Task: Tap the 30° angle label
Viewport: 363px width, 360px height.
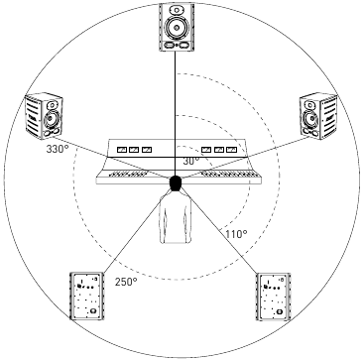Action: pos(190,159)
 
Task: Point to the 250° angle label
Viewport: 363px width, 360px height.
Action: pos(125,282)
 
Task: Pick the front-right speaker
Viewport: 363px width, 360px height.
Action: pos(318,117)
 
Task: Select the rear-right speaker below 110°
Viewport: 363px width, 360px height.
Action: pos(275,298)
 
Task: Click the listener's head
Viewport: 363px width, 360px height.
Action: pos(177,183)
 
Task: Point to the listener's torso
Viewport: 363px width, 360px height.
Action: pos(177,223)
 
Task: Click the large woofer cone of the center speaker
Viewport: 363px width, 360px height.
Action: pos(177,24)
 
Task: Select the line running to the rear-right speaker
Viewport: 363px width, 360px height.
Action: pos(223,233)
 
